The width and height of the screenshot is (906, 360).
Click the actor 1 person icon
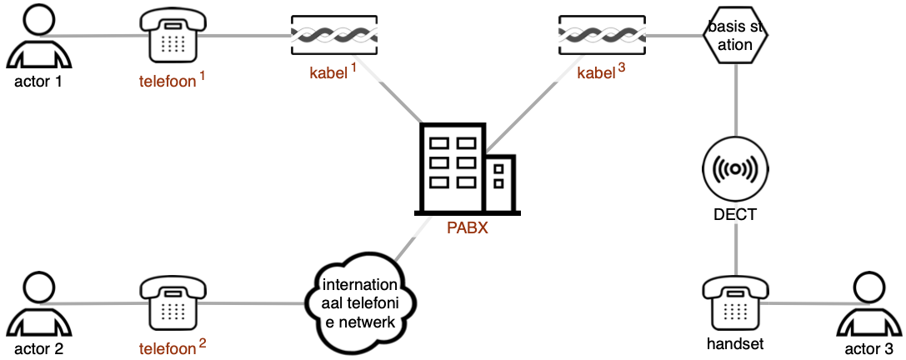39,36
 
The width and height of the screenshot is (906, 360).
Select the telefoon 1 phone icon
173,36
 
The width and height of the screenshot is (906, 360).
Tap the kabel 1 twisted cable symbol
334,36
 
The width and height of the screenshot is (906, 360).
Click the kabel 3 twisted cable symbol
603,36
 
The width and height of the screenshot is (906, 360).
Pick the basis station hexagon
735,36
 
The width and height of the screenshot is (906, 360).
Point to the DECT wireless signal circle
735,168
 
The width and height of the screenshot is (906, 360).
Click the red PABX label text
468,227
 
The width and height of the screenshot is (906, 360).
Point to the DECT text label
735,215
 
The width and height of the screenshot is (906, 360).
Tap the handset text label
735,344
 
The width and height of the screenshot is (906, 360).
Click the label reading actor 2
39,348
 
